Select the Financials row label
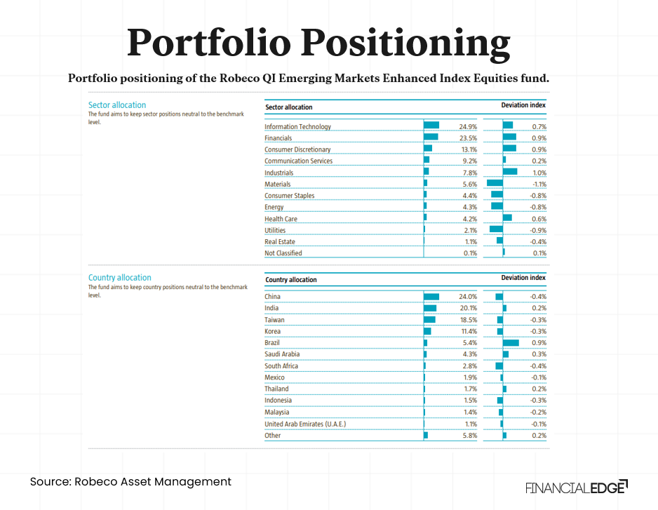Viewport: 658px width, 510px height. point(278,138)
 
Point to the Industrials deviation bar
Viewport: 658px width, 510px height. point(510,173)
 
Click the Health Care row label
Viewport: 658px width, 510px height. point(281,219)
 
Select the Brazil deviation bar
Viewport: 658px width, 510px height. point(511,343)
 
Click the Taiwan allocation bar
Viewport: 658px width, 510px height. point(429,320)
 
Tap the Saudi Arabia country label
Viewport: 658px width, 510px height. point(282,354)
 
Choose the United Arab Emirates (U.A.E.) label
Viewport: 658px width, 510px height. point(305,424)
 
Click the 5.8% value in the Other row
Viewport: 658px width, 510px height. point(469,436)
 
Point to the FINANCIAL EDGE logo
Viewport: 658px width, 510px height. point(576,487)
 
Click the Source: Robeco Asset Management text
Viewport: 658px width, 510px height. point(130,482)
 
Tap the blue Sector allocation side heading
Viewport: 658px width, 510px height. point(117,105)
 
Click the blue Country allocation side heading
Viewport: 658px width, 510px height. point(120,278)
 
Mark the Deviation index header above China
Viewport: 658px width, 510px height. point(523,278)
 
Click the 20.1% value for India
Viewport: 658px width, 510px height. point(468,308)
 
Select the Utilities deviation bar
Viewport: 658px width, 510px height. point(496,230)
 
